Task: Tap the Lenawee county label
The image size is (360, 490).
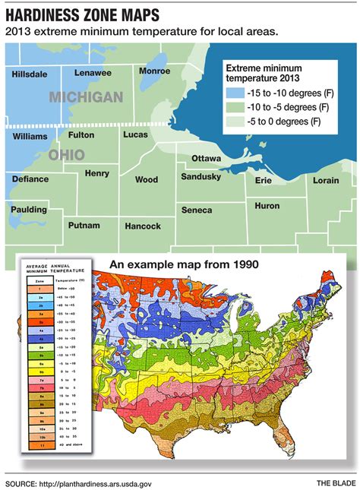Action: (93, 73)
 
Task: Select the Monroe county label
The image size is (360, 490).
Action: (155, 71)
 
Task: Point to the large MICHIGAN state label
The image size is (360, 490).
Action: (86, 96)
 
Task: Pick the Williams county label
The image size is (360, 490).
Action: (30, 136)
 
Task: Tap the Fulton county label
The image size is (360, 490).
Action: (81, 135)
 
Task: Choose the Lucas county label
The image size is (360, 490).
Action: (135, 134)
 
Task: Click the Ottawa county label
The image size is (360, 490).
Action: (206, 158)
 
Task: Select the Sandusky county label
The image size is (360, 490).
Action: (201, 176)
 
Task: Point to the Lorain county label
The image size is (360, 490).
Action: (327, 181)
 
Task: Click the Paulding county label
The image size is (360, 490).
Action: (29, 209)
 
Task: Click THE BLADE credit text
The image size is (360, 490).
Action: (336, 482)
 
